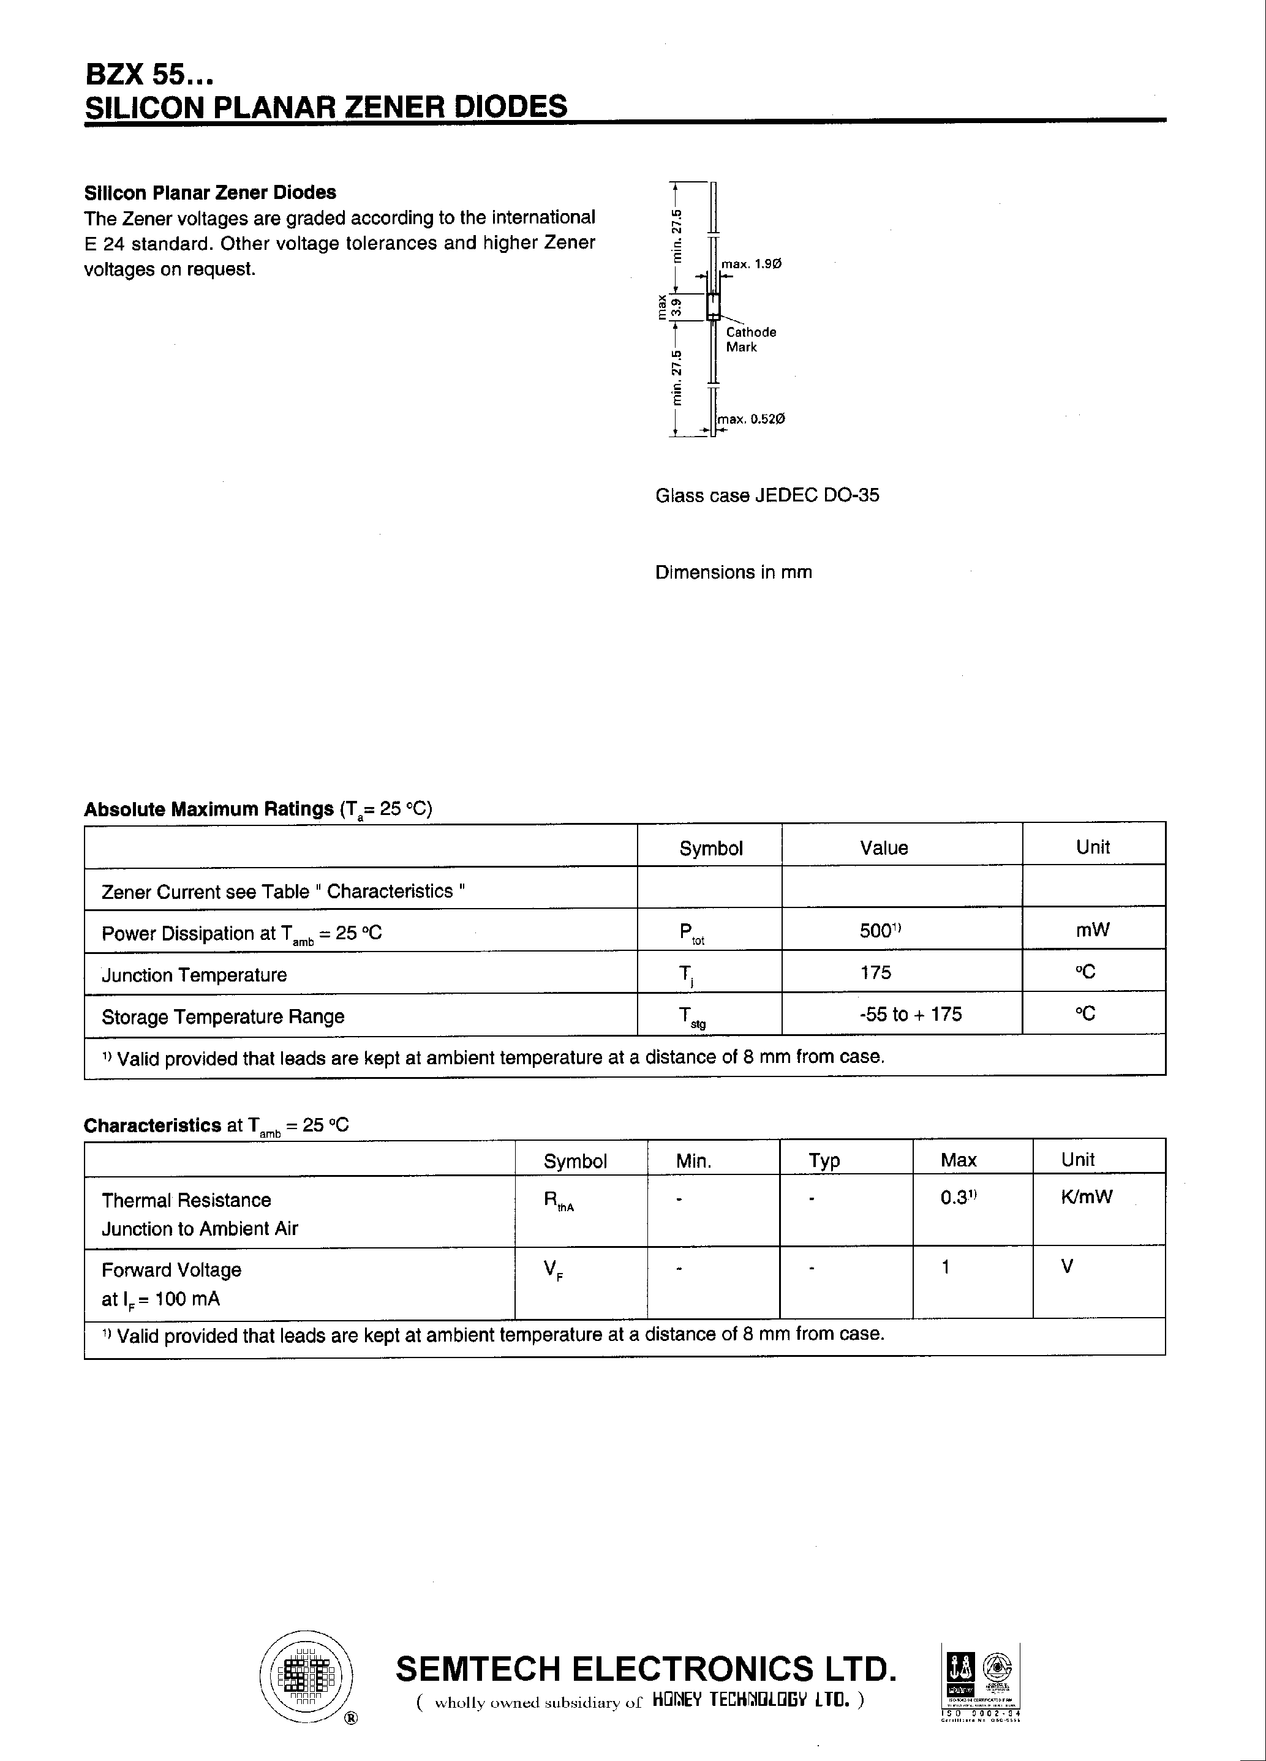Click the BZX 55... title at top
tap(148, 76)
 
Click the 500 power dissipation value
tap(878, 930)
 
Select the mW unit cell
tap(1092, 929)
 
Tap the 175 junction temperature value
tap(875, 972)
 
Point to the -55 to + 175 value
tap(910, 1014)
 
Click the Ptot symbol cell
tap(690, 933)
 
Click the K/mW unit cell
tap(1086, 1196)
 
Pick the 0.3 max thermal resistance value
tap(956, 1196)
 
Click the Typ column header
tap(824, 1160)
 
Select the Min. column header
tap(693, 1161)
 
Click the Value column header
tap(884, 848)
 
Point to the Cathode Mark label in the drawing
tap(750, 339)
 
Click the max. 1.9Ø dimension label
tap(751, 264)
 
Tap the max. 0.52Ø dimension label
tap(750, 419)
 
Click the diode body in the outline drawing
tap(713, 306)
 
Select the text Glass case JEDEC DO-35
tap(767, 495)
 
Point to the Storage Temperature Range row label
tap(223, 1016)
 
